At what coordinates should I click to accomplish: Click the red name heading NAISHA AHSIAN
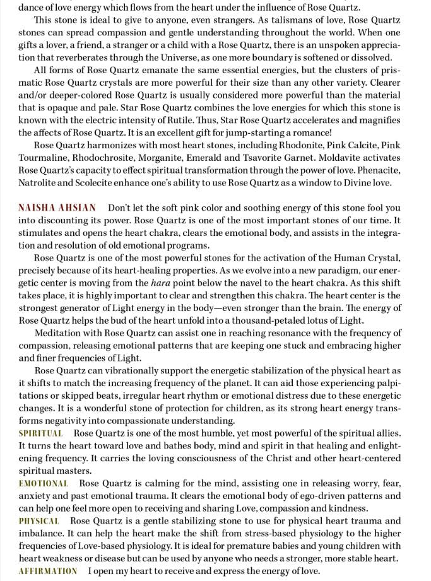57,208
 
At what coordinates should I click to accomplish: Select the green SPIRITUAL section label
41,433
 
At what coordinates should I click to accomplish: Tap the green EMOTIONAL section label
44,483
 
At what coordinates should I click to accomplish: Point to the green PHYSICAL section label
39,521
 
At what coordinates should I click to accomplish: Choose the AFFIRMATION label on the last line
48,571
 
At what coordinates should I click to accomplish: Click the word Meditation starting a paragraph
61,333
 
